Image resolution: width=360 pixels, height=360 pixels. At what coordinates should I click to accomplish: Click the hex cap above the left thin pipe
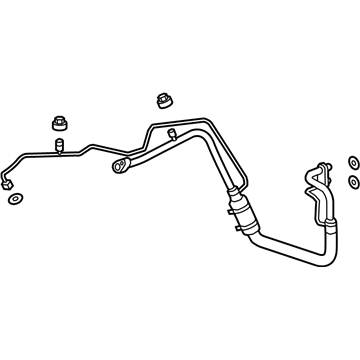click(x=58, y=124)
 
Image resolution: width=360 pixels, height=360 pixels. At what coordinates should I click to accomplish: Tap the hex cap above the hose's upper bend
click(x=164, y=101)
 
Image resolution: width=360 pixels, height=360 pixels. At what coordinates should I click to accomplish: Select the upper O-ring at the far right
click(x=352, y=162)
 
